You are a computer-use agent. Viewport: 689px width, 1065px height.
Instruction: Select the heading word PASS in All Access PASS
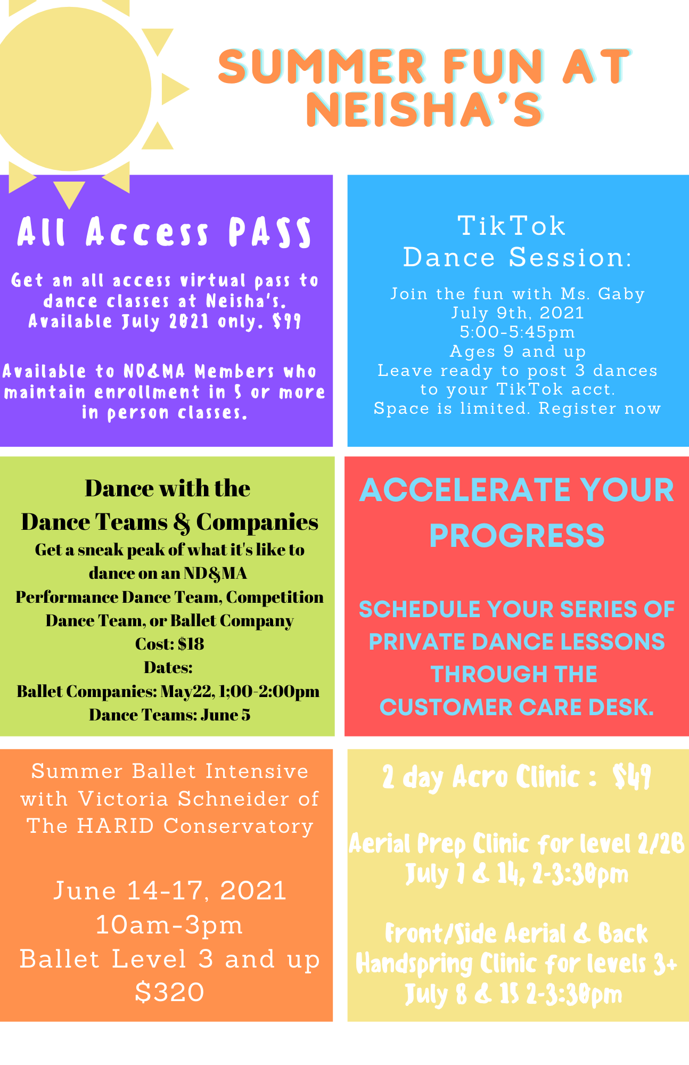coord(270,232)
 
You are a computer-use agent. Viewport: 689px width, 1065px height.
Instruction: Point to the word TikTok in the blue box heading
coord(512,226)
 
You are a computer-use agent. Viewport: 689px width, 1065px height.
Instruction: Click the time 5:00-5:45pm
coord(518,332)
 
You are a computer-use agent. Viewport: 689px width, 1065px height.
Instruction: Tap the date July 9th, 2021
coord(518,313)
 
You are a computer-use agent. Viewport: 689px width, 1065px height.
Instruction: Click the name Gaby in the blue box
coord(621,294)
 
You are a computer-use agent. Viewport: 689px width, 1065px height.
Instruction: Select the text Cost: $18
coord(169,644)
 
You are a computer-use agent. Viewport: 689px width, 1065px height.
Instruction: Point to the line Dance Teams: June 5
coord(169,715)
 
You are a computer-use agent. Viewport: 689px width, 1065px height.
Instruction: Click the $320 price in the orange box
coord(169,992)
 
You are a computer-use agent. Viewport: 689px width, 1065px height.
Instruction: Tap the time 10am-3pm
coord(169,925)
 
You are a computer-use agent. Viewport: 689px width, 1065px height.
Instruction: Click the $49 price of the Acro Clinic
coord(632,777)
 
